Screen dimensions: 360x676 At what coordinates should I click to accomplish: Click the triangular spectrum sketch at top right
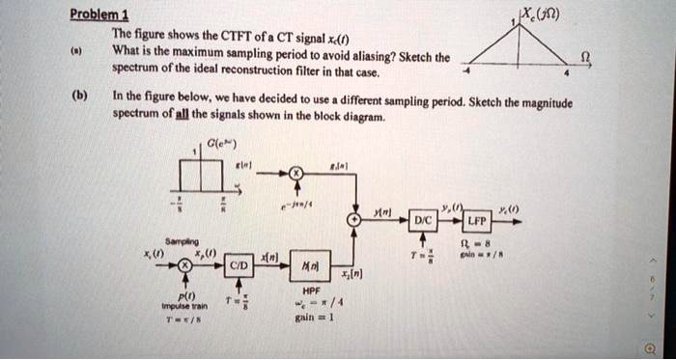(x=521, y=42)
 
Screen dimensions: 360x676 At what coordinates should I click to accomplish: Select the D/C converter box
(x=422, y=219)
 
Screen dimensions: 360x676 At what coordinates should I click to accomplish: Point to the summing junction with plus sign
(x=356, y=220)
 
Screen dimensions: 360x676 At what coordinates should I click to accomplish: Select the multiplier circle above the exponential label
(x=296, y=173)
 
